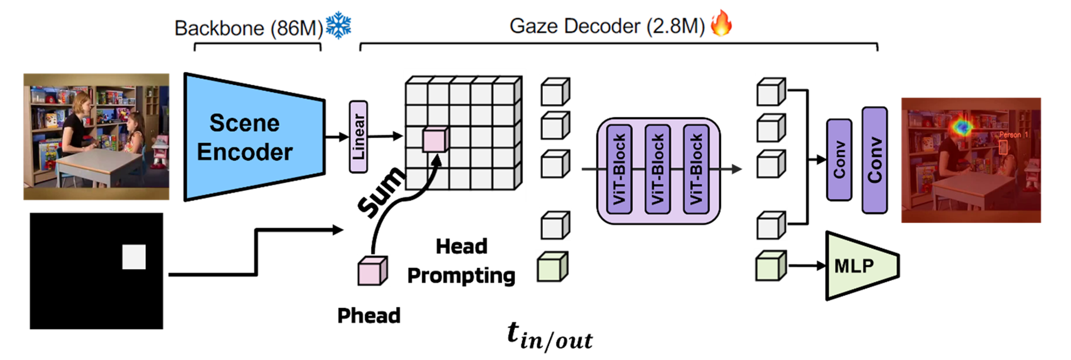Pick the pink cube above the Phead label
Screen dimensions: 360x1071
tap(372, 271)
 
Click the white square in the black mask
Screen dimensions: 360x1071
tap(134, 257)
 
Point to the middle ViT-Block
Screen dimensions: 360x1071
tap(657, 169)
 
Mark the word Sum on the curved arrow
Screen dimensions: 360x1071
tap(381, 192)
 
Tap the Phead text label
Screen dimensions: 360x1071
tap(369, 316)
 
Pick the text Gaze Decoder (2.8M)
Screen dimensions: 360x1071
tap(607, 26)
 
